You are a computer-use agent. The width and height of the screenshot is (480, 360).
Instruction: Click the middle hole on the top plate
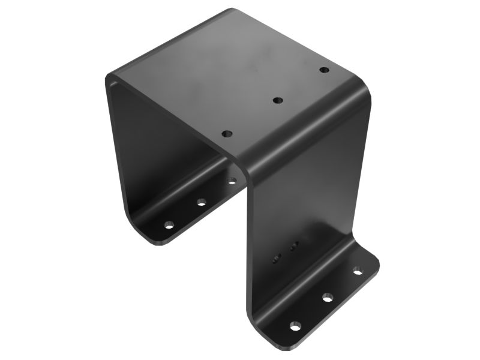click(x=277, y=100)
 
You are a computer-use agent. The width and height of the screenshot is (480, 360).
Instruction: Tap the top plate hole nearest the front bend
click(x=226, y=133)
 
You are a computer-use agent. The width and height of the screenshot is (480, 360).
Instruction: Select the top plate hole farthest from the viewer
click(x=324, y=70)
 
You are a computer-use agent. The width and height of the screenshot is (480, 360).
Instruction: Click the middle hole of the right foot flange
click(x=327, y=296)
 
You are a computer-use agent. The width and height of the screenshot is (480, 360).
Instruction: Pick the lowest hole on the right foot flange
click(x=295, y=325)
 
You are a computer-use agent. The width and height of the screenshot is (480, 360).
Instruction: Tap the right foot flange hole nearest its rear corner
click(x=358, y=271)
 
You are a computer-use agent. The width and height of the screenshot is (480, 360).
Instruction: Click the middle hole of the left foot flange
click(x=201, y=202)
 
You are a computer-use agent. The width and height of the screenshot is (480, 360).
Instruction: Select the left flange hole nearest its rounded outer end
click(x=170, y=226)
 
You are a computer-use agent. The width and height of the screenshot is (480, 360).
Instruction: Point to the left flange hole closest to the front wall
click(x=232, y=179)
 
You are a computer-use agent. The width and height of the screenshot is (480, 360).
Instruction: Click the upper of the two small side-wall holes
click(x=294, y=245)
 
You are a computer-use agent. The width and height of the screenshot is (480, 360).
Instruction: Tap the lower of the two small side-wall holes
click(x=277, y=259)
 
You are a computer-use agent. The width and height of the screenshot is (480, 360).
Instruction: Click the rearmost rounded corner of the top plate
click(x=231, y=10)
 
